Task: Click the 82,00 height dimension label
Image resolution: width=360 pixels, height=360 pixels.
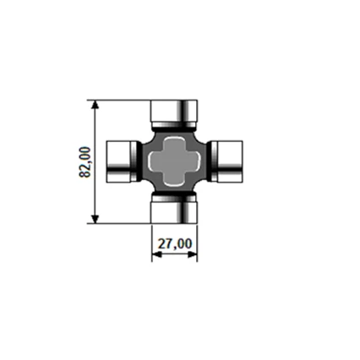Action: (x=84, y=161)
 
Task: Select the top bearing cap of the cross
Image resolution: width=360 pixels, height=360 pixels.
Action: (x=174, y=111)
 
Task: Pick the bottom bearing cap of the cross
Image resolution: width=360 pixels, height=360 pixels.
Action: (x=174, y=212)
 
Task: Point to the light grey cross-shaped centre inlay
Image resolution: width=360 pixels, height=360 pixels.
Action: (x=174, y=161)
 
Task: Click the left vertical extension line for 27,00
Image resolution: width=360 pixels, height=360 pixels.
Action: (x=152, y=241)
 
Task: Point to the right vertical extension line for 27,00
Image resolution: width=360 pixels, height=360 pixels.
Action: (x=197, y=241)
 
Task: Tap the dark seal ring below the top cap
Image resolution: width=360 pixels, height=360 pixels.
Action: (x=174, y=126)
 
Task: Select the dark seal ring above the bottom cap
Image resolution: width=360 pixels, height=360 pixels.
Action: (x=174, y=197)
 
